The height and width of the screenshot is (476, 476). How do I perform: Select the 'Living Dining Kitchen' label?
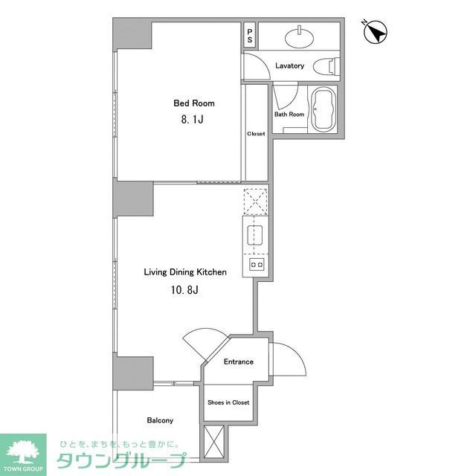click(x=185, y=272)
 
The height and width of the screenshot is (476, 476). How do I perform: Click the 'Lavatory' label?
click(x=289, y=65)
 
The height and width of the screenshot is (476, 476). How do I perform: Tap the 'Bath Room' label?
click(x=289, y=115)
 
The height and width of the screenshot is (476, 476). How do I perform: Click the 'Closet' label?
click(x=256, y=134)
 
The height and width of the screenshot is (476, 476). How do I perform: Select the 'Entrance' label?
click(x=239, y=362)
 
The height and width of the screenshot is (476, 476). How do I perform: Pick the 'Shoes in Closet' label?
click(x=228, y=402)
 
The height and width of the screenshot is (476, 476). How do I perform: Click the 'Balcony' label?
click(x=160, y=420)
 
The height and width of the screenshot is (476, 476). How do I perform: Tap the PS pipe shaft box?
click(x=250, y=35)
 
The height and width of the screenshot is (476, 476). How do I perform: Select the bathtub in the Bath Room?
click(x=323, y=109)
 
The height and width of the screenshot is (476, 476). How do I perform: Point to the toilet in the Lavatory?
click(x=325, y=65)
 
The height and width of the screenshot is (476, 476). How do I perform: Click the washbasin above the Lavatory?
click(x=301, y=34)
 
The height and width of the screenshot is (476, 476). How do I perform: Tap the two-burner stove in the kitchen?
click(x=256, y=264)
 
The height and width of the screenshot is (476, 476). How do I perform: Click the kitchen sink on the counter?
click(x=255, y=236)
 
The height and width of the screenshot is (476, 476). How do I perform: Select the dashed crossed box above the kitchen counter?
click(x=255, y=201)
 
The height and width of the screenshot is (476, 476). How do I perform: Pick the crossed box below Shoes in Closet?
click(x=213, y=443)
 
